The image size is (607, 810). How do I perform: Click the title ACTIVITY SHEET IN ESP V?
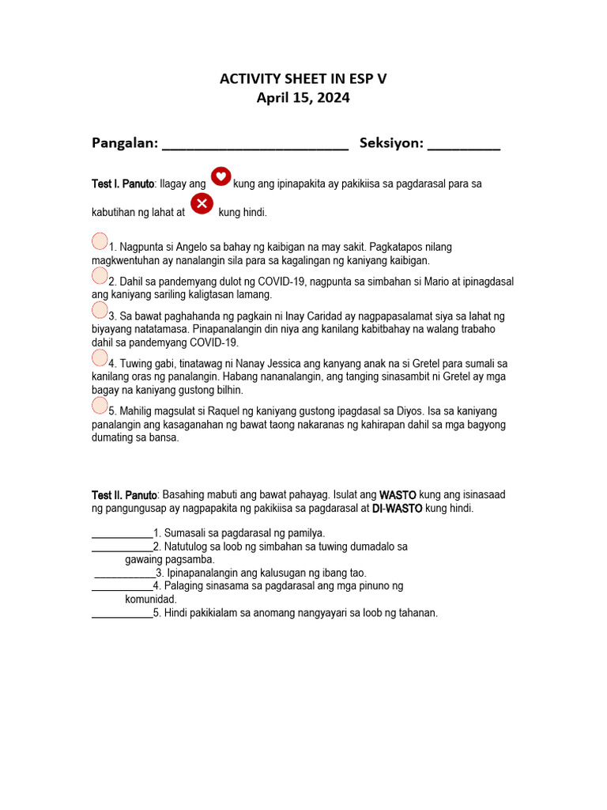303,78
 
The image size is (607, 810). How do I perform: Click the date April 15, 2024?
303,98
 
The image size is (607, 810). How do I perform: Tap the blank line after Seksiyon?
464,146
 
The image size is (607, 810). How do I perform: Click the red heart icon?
221,176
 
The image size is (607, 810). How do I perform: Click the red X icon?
202,205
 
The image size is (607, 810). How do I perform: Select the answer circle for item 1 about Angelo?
100,240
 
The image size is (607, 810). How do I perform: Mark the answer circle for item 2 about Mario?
100,275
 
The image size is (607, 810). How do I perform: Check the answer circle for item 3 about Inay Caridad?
100,309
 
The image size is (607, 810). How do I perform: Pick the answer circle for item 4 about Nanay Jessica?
100,358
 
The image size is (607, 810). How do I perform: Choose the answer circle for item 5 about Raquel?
100,406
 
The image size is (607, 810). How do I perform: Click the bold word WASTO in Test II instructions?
398,495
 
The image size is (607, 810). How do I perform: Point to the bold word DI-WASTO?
397,509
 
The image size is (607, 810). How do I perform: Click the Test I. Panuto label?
123,184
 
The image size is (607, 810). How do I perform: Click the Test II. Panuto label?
124,495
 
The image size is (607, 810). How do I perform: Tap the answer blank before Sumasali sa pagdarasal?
123,534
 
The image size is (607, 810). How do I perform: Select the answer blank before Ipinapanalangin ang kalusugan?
125,573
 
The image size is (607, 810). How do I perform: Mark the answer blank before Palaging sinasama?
123,587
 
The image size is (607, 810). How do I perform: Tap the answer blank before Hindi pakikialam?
123,614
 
